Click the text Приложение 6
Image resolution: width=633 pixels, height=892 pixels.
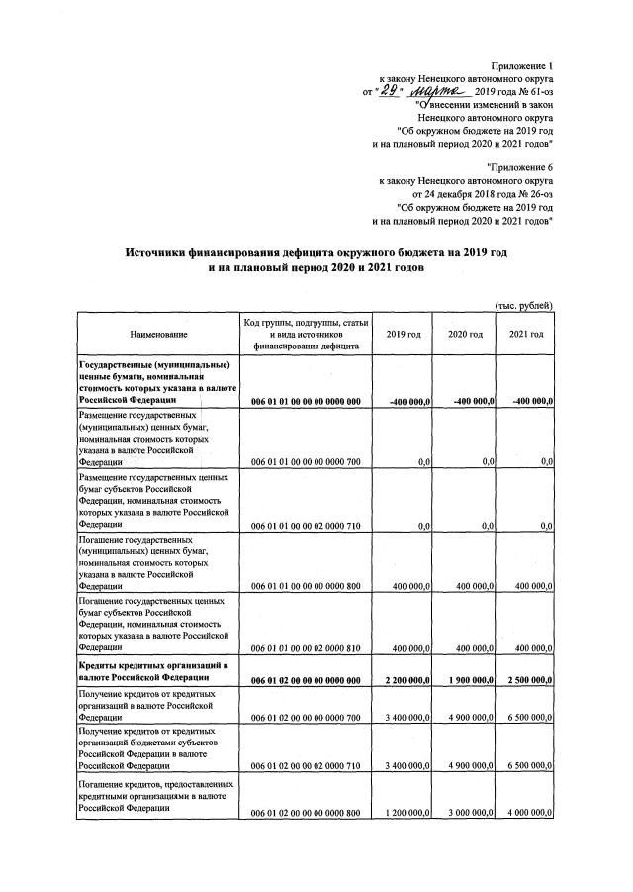click(x=520, y=168)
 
